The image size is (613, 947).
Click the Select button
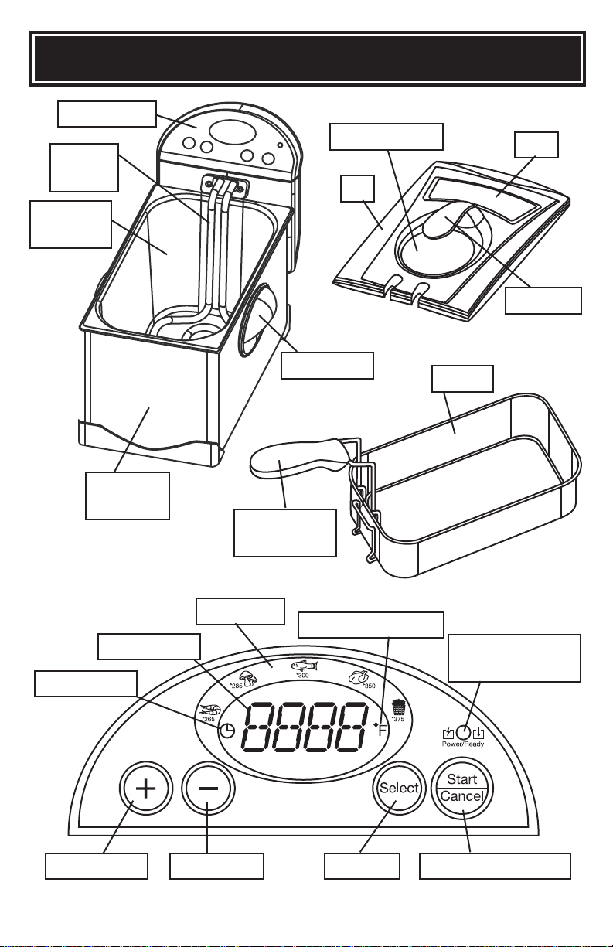399,788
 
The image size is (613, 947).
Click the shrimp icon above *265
210,710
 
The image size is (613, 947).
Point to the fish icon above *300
304,666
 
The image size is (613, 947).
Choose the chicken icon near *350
357,677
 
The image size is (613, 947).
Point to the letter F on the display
383,729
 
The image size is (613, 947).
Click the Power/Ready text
463,744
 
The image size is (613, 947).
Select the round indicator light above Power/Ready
463,731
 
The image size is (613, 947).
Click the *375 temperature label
398,719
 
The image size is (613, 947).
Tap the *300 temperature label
303,675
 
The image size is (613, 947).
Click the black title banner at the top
308,58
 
